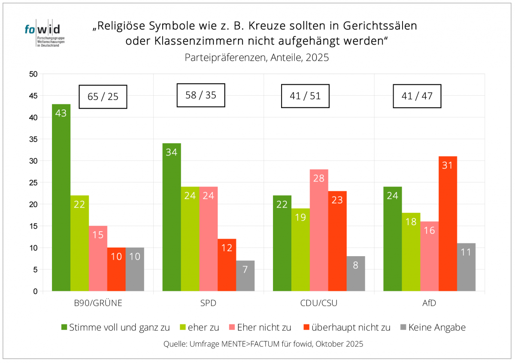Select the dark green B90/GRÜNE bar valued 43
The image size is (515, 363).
coord(61,197)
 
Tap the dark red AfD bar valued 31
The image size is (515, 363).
coord(448,224)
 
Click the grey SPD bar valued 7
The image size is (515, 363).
coord(245,276)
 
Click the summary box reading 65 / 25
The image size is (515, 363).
coord(103,96)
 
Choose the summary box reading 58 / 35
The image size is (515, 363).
coord(200,95)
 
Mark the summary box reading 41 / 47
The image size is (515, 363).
coord(417,96)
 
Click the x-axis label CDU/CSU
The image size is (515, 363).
coord(319,303)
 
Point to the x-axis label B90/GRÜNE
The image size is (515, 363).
coord(98,303)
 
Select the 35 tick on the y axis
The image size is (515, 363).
coord(34,139)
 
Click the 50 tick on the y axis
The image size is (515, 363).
coord(34,74)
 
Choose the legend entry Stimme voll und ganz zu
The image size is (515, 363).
coord(115,327)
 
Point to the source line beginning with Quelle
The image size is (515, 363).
coord(263,344)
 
